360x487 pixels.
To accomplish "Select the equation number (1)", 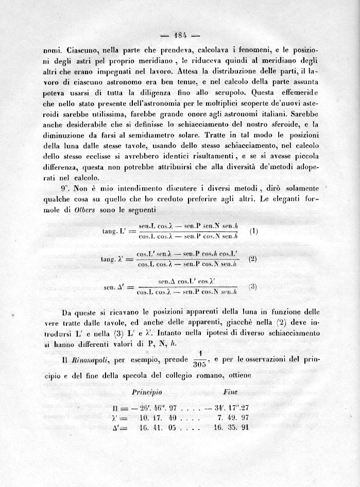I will (253, 231).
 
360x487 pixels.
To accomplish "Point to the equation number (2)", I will (252, 259).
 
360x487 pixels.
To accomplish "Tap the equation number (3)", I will (252, 287).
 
